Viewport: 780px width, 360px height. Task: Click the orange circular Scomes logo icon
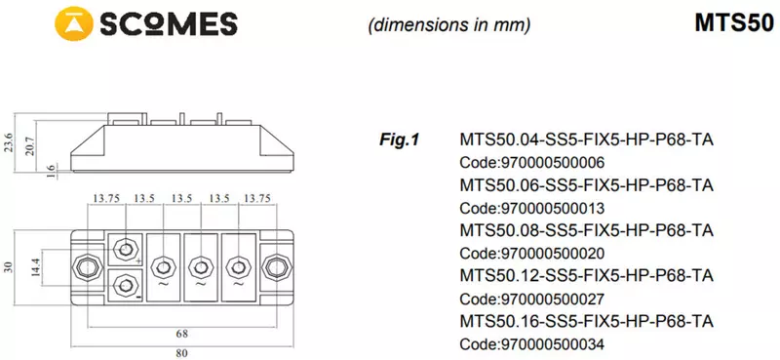coord(74,23)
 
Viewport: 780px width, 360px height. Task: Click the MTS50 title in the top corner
coord(734,22)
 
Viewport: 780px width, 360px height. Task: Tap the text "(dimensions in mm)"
coord(449,25)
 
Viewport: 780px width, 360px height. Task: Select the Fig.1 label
coord(399,140)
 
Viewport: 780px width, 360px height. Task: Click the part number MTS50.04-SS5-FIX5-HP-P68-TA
coord(587,140)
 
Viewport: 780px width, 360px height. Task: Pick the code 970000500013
coord(531,208)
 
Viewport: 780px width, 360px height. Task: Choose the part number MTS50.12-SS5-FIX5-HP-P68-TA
coord(587,275)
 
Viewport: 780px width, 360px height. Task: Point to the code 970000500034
coord(531,344)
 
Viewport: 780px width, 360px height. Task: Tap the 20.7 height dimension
coord(29,146)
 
